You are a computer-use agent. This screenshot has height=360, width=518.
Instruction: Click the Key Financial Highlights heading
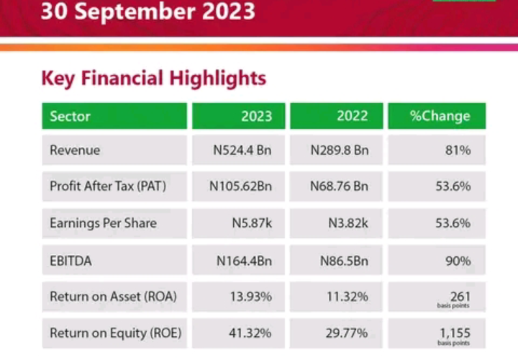click(153, 78)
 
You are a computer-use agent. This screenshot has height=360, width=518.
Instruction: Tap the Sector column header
click(70, 116)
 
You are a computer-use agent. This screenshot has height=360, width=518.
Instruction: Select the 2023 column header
click(256, 116)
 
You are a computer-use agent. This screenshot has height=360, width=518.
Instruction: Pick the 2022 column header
click(352, 116)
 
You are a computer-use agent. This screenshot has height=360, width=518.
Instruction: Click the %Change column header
click(440, 116)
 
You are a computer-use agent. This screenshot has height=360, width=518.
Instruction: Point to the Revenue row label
click(75, 150)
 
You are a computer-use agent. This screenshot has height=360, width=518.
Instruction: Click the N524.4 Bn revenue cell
click(242, 150)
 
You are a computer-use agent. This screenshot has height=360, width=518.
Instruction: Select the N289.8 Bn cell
click(339, 150)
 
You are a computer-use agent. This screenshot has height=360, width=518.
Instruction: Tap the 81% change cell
click(458, 150)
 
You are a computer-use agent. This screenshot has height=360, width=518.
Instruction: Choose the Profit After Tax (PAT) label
click(108, 186)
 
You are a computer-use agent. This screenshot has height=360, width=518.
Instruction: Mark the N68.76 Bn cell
click(339, 186)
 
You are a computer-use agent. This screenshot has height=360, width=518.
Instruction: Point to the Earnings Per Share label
click(103, 223)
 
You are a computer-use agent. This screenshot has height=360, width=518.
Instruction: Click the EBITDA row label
click(71, 261)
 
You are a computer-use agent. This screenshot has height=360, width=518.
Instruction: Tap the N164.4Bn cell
click(244, 261)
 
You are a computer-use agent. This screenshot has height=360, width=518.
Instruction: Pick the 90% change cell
click(458, 261)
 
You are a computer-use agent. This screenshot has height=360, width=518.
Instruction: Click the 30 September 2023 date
click(147, 12)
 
